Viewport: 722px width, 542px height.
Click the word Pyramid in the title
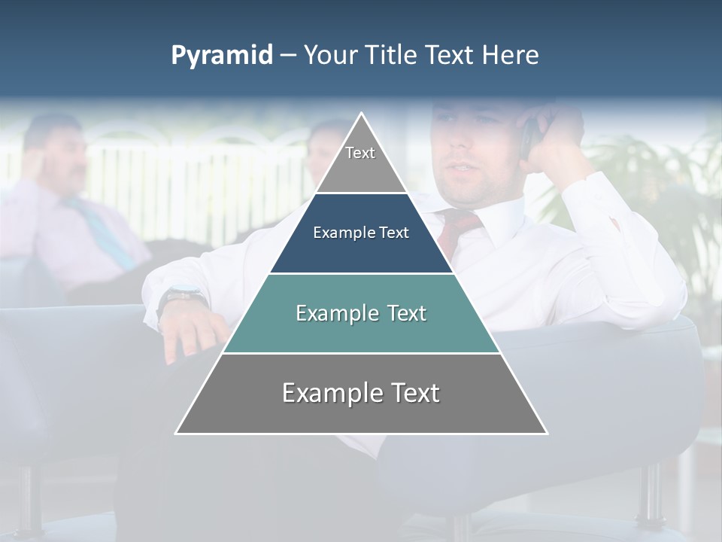[222, 56]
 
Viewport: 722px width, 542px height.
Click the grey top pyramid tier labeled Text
[360, 162]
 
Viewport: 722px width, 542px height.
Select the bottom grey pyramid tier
[361, 403]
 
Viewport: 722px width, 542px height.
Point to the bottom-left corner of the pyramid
[177, 433]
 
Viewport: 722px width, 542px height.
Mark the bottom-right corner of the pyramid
[546, 433]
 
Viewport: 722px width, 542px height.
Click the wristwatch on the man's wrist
[180, 297]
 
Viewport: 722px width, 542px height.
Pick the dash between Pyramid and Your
[288, 56]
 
